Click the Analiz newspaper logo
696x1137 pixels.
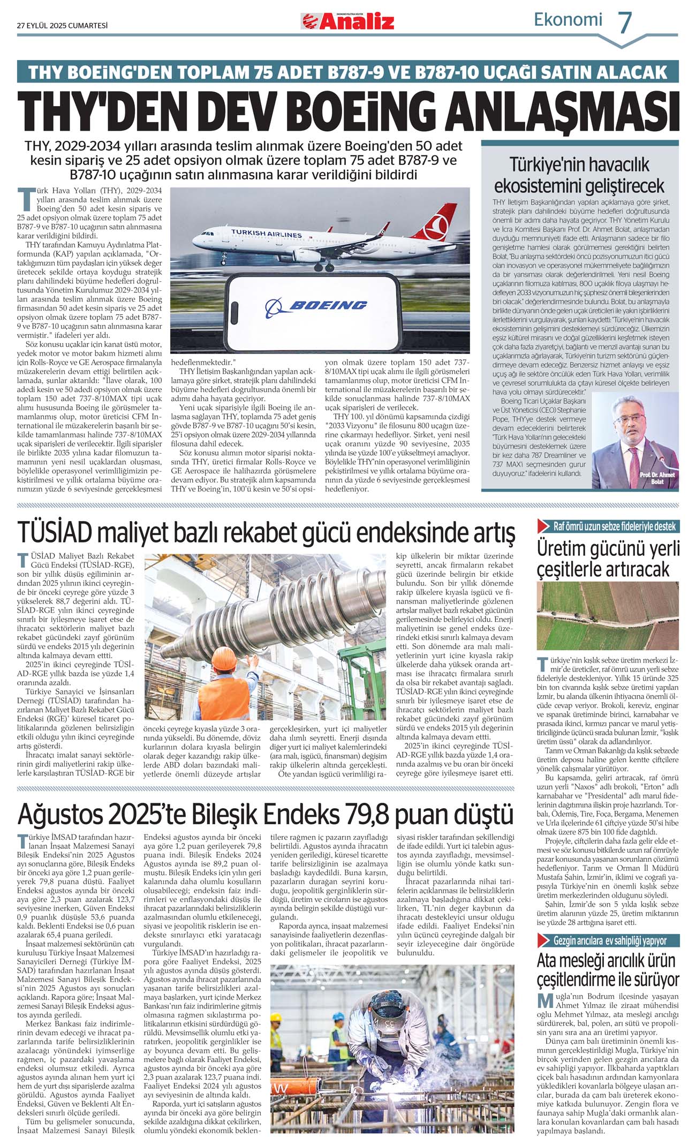point(348,21)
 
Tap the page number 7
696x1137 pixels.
point(625,22)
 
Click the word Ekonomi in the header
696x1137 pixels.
point(568,20)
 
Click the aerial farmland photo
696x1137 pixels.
point(608,615)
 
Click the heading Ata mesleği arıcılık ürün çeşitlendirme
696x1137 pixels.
point(608,970)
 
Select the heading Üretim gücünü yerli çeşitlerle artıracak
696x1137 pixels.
point(608,559)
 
